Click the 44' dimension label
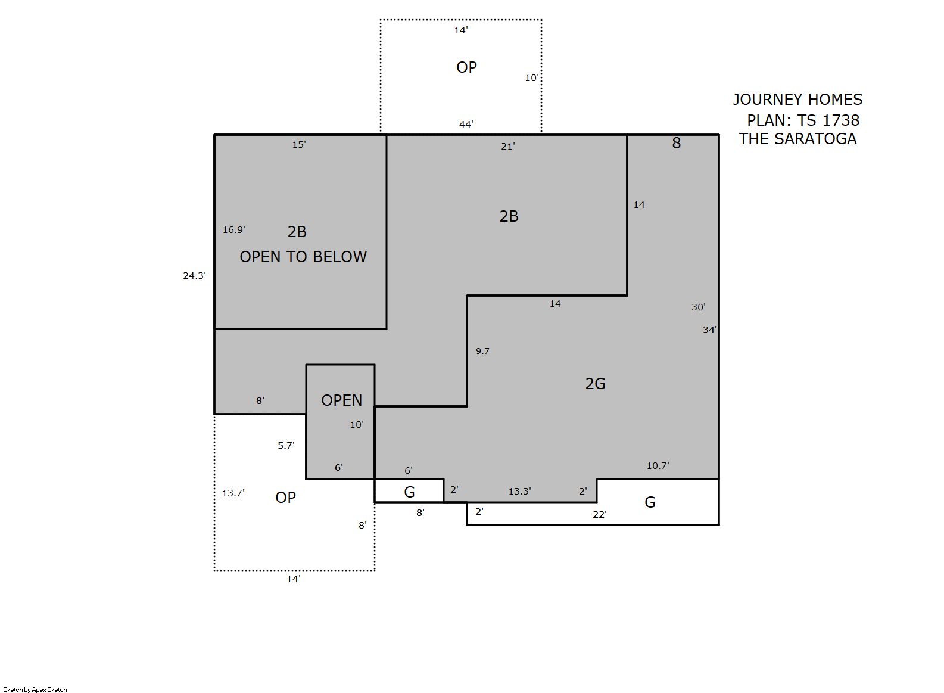[x=466, y=124]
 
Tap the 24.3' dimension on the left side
[x=194, y=276]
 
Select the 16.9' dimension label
[x=234, y=230]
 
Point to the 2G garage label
[x=595, y=384]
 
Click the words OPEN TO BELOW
[x=303, y=257]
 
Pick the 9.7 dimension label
[x=482, y=351]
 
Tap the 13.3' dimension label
[x=519, y=491]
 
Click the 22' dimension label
[x=600, y=514]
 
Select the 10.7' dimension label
[x=658, y=465]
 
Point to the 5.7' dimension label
[x=286, y=445]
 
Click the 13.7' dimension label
[x=233, y=493]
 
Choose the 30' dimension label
[x=698, y=307]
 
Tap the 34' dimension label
[x=710, y=330]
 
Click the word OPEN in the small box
[x=341, y=400]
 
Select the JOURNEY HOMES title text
[x=797, y=100]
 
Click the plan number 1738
[x=841, y=120]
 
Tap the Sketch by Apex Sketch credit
[x=35, y=689]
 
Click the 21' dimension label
[x=508, y=146]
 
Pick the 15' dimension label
[x=299, y=145]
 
